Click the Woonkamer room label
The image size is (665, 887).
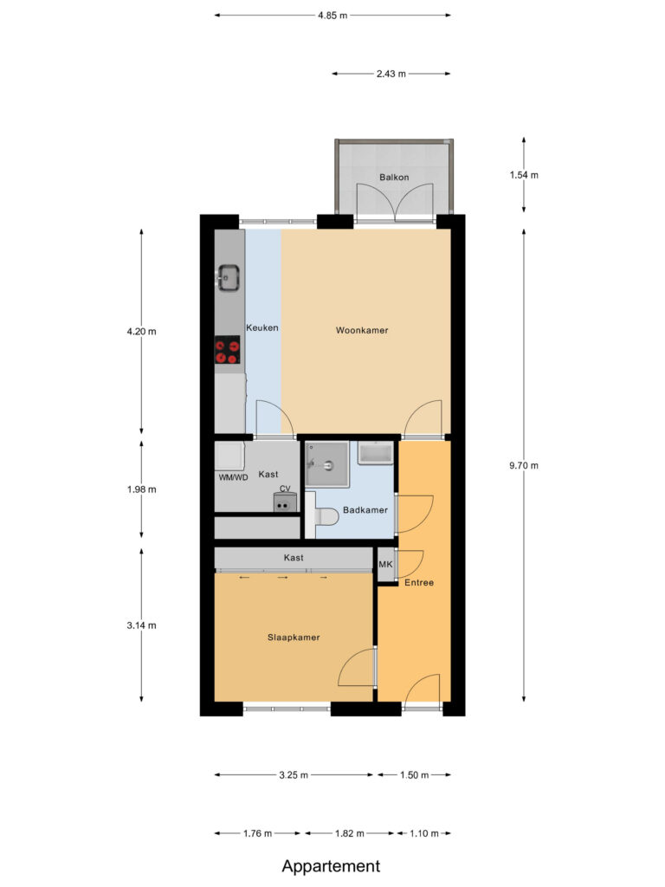click(362, 330)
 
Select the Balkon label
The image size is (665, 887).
click(394, 178)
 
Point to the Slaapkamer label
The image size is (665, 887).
click(294, 637)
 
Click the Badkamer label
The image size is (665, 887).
click(365, 510)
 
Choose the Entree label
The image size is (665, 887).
click(418, 583)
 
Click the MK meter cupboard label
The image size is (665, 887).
click(386, 565)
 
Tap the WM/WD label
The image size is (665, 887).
click(233, 477)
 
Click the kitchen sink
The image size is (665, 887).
click(229, 279)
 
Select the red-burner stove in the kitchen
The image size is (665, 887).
click(228, 349)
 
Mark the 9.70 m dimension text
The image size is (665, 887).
click(525, 465)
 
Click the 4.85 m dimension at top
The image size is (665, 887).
click(332, 15)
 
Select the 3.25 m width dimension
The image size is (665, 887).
click(294, 775)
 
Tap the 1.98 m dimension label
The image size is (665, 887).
click(141, 489)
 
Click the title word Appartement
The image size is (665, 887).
click(331, 865)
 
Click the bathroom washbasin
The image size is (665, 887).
click(376, 453)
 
